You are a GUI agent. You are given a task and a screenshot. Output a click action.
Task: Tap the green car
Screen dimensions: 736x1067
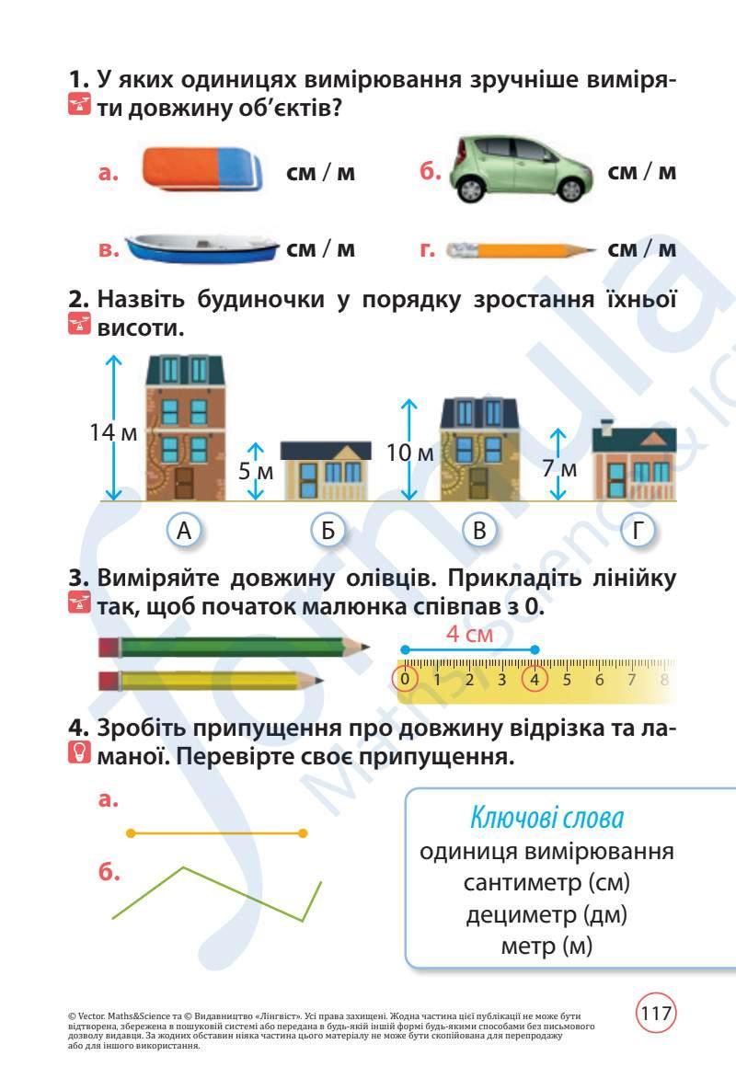(x=521, y=169)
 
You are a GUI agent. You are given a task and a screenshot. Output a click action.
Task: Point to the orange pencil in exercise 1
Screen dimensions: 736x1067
(x=520, y=249)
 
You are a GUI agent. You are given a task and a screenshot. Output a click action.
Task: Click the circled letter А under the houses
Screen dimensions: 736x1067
(x=184, y=530)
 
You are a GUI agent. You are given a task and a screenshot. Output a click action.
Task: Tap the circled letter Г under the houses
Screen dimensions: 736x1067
(x=638, y=530)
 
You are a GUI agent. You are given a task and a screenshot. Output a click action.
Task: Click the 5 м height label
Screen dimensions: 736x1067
(x=257, y=472)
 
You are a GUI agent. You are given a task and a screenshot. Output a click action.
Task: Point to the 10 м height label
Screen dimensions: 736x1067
(x=409, y=453)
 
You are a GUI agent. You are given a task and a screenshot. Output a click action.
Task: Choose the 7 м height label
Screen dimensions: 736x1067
(x=558, y=469)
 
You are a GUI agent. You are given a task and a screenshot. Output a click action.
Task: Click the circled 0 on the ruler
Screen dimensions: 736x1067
(x=405, y=680)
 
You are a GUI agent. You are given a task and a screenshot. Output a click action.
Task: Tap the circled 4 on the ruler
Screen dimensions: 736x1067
(x=535, y=680)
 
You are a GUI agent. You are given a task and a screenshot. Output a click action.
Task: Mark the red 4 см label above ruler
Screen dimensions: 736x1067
(x=469, y=635)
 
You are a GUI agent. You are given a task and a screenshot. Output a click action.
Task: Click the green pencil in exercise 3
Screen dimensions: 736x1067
(x=235, y=648)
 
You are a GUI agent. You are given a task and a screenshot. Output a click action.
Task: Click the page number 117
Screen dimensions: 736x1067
(x=656, y=1015)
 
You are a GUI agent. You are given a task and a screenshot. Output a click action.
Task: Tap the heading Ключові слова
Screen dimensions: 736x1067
(x=546, y=817)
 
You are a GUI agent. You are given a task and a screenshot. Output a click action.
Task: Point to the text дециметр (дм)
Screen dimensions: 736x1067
(x=546, y=914)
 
